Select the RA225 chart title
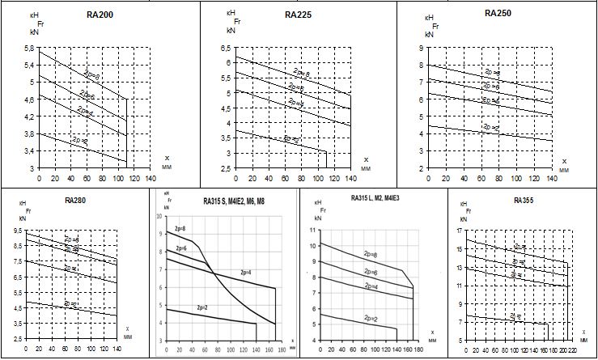299,15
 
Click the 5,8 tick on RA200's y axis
28,49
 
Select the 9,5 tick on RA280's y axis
17,231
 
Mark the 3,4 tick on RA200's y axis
28,151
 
